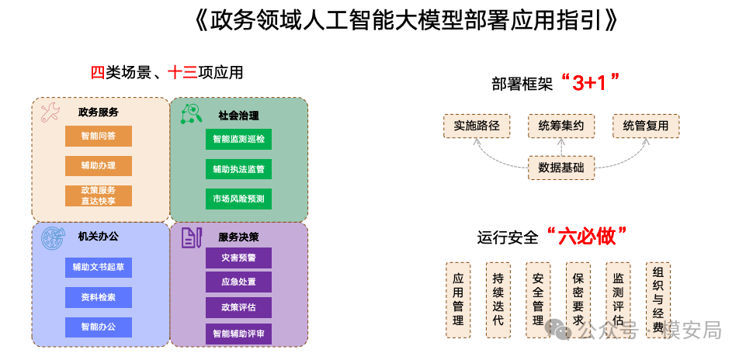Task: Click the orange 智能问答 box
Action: click(99, 136)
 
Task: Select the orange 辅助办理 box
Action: click(99, 166)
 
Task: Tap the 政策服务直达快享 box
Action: click(99, 196)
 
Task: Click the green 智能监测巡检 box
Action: click(238, 140)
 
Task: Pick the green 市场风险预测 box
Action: click(238, 199)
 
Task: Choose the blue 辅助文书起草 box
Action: click(99, 268)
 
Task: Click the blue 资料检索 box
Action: click(99, 297)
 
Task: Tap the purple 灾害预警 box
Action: click(238, 257)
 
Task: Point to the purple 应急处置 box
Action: click(238, 282)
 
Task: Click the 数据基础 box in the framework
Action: click(561, 167)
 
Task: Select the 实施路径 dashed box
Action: click(477, 126)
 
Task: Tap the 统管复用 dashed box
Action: click(645, 126)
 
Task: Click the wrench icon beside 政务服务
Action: click(50, 113)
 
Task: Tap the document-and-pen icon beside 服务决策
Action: click(192, 237)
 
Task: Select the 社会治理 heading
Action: click(238, 116)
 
